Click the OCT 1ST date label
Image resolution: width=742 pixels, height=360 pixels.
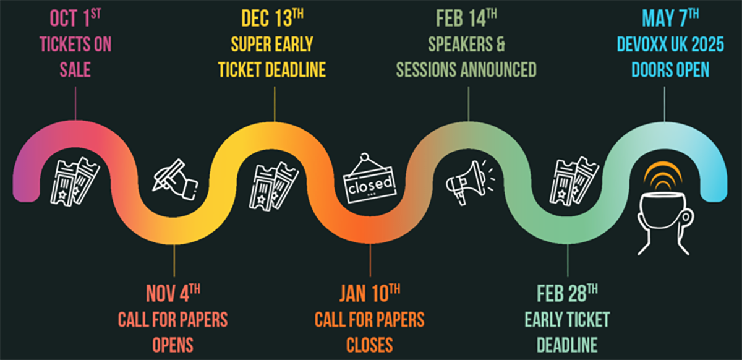(75, 18)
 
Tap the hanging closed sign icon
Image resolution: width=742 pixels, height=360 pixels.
(370, 178)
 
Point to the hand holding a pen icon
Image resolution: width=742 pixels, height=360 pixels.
(175, 179)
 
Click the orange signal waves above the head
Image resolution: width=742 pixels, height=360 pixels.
(663, 176)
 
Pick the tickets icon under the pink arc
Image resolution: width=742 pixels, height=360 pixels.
(75, 182)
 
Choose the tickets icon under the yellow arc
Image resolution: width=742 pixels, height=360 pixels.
(273, 186)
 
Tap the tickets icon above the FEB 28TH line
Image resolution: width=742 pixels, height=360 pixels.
(574, 181)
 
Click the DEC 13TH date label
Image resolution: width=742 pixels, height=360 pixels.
(272, 18)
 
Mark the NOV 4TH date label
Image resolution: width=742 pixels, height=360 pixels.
(173, 293)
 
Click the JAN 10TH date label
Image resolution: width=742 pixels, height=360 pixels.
(370, 293)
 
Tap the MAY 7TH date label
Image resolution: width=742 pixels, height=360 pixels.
(670, 18)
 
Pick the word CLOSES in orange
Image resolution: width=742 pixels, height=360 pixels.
(370, 345)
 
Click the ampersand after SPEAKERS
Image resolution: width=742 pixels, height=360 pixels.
(500, 44)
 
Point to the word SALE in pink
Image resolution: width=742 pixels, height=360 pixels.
(75, 70)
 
